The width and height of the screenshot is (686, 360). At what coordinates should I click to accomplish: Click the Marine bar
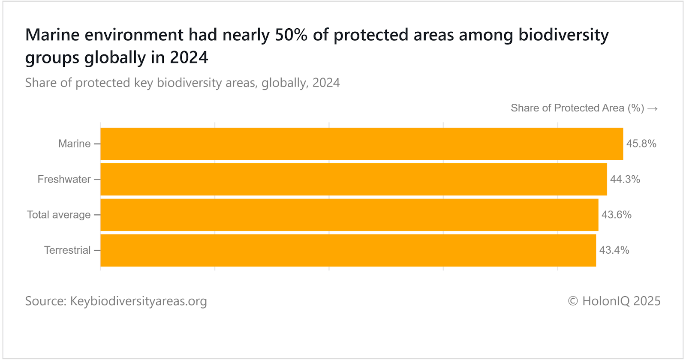click(361, 144)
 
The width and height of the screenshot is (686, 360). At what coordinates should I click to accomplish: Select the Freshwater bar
click(353, 179)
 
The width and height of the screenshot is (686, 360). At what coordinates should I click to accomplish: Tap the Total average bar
click(349, 215)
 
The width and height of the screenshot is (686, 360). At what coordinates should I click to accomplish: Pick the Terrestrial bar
click(348, 250)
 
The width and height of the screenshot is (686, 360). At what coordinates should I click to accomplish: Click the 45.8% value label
click(641, 144)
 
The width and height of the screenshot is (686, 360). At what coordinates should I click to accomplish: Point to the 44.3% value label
click(625, 179)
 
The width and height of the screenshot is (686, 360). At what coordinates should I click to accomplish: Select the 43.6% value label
click(616, 215)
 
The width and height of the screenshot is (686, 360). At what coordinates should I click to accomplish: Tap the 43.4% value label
click(614, 250)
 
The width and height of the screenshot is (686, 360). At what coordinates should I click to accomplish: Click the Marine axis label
click(74, 144)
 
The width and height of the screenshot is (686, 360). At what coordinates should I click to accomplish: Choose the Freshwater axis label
click(64, 179)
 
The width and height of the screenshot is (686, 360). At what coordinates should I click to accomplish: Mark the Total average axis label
click(59, 215)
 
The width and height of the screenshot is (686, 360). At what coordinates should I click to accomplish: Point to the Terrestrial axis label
click(67, 250)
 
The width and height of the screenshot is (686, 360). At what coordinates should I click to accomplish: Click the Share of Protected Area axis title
click(577, 108)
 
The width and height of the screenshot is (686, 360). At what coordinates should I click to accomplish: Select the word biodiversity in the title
click(563, 35)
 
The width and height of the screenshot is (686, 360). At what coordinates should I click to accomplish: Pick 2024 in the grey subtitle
click(326, 83)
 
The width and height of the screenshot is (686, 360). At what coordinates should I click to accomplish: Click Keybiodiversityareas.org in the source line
click(138, 301)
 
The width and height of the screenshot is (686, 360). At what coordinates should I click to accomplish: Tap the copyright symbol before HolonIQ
click(573, 301)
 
